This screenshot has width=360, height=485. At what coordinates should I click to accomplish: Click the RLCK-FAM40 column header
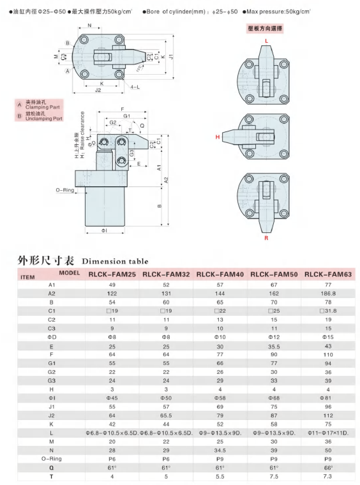[220, 274]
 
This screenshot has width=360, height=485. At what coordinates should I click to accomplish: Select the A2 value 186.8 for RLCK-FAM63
[328, 293]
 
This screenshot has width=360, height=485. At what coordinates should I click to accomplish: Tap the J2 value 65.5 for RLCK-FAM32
[166, 415]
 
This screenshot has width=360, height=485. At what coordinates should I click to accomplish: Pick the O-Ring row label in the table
[51, 459]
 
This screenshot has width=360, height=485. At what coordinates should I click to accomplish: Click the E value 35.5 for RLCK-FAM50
[274, 347]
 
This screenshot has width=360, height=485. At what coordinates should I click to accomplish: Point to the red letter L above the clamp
[266, 41]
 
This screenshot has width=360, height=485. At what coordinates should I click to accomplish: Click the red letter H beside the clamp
[218, 137]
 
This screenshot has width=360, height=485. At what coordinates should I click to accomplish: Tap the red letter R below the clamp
[266, 238]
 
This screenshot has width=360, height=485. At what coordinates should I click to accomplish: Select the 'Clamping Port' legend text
[42, 107]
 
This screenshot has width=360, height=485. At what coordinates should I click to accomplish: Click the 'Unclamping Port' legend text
[44, 119]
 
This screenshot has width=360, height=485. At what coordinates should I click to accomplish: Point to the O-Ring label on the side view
[65, 190]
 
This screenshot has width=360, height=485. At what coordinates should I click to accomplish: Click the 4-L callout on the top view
[135, 87]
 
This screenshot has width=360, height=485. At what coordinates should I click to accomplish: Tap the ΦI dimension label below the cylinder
[104, 230]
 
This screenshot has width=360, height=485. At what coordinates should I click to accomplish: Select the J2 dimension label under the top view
[98, 90]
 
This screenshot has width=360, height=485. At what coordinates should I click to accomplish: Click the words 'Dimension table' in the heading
[115, 262]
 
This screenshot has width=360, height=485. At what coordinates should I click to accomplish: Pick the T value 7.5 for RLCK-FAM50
[274, 476]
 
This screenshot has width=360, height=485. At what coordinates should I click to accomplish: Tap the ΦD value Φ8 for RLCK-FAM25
[112, 337]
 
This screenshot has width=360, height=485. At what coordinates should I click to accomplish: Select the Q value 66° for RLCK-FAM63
[328, 468]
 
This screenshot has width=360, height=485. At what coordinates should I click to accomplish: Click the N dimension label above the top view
[90, 26]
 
